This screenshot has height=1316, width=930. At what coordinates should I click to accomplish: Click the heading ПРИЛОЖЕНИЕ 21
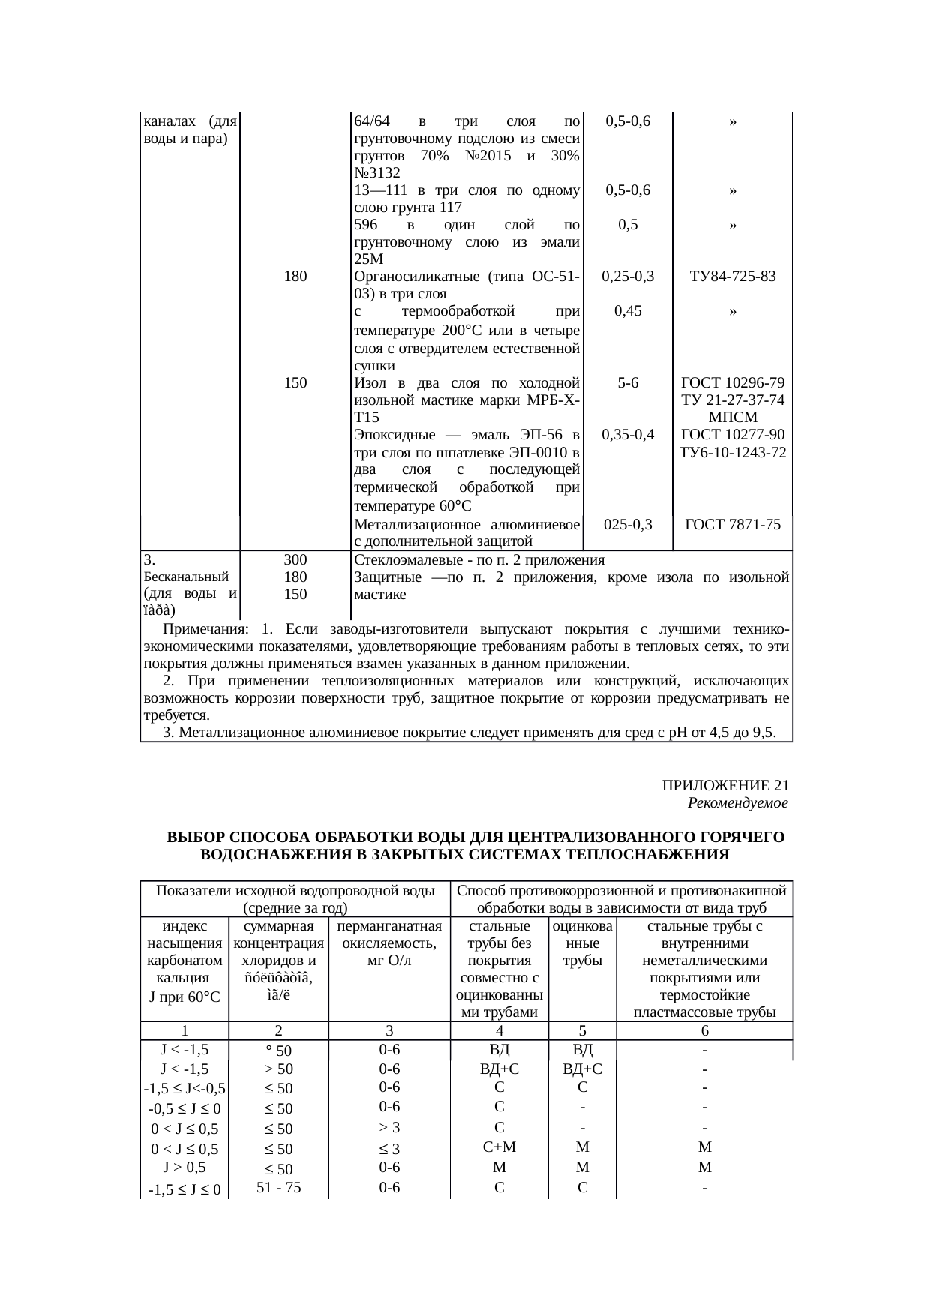[x=724, y=786]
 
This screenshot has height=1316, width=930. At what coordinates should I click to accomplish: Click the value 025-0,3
[x=627, y=525]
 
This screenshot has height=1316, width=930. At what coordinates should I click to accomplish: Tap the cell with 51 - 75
[x=278, y=1187]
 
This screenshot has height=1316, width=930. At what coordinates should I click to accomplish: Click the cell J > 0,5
[x=184, y=1167]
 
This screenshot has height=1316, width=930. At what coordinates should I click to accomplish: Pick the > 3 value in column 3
[x=388, y=1127]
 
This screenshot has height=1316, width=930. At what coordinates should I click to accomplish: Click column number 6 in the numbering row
[x=704, y=1031]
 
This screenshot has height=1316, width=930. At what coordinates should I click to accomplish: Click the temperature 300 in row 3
[x=295, y=560]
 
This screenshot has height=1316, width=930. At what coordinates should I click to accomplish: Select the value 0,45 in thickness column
[x=627, y=311]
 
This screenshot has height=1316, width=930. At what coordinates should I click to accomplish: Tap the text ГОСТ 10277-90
[x=732, y=435]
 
